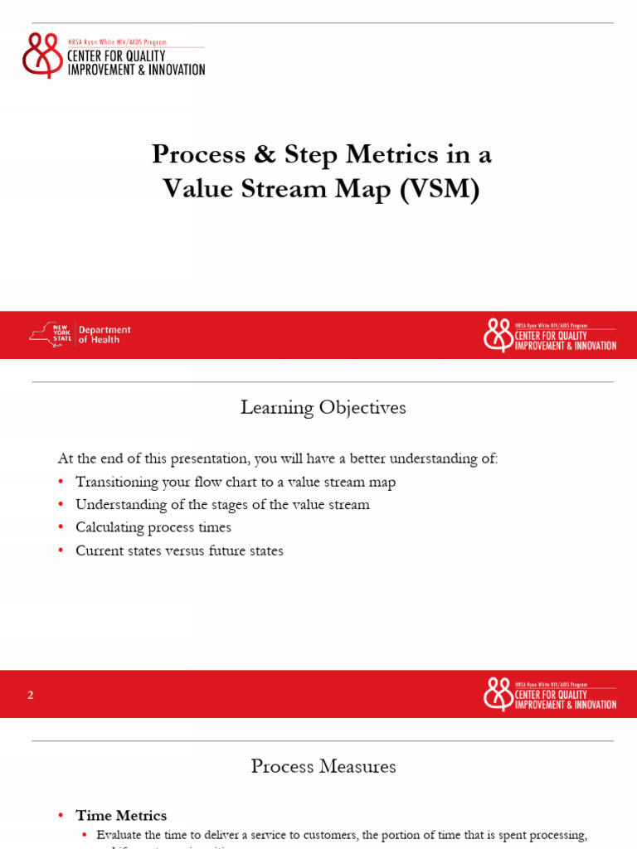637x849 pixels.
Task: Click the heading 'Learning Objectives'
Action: click(x=323, y=408)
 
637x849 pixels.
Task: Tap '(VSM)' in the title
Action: click(x=440, y=189)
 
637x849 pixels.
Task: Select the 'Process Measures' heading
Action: click(x=323, y=767)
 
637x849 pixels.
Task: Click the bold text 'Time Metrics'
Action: click(x=121, y=816)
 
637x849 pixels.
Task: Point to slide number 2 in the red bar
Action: click(x=31, y=695)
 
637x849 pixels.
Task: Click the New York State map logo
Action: click(x=51, y=334)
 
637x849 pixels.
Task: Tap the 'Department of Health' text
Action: click(x=105, y=334)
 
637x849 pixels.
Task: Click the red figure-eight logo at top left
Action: click(x=42, y=55)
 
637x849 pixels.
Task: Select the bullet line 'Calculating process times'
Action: click(x=153, y=527)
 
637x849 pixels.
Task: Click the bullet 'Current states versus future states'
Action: click(x=179, y=551)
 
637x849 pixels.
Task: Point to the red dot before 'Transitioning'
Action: click(x=61, y=483)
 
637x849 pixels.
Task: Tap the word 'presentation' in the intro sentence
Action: click(x=211, y=458)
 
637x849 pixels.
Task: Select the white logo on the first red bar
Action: click(x=498, y=335)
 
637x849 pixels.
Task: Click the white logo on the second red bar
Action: click(x=498, y=694)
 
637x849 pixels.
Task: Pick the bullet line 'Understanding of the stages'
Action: click(x=222, y=504)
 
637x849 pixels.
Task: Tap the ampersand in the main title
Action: click(x=265, y=154)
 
